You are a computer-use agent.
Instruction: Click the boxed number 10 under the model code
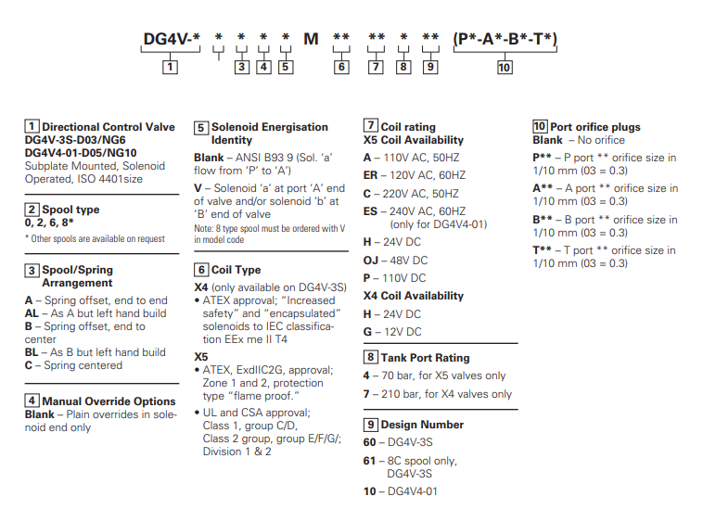click(x=505, y=67)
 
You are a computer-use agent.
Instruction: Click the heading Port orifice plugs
click(x=594, y=127)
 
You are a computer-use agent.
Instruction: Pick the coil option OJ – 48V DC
click(x=394, y=260)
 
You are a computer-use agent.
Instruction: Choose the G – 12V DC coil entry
click(x=392, y=332)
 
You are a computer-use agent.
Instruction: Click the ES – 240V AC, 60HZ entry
click(x=414, y=210)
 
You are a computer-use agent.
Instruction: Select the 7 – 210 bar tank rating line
click(x=437, y=394)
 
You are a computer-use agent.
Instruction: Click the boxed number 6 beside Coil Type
click(x=200, y=270)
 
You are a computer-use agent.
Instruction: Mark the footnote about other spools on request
click(x=95, y=239)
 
